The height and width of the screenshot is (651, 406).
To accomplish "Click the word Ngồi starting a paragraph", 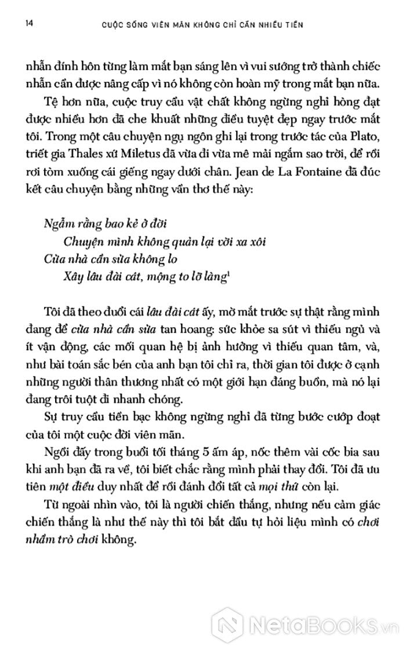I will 56,451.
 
